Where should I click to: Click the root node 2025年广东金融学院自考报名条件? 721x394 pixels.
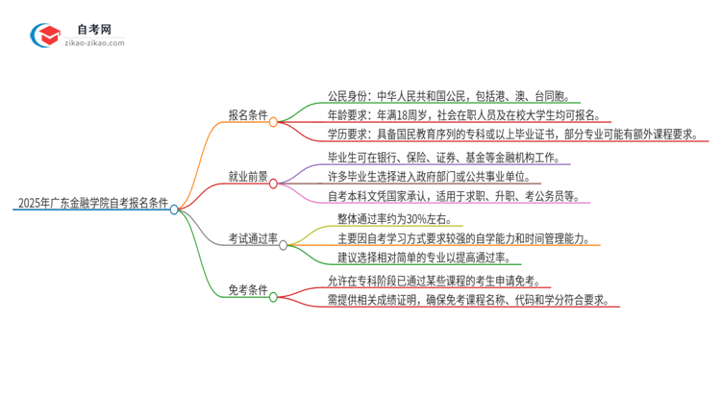point(92,204)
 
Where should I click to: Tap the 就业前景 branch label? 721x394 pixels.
point(247,177)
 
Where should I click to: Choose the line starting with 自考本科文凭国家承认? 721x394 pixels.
point(452,196)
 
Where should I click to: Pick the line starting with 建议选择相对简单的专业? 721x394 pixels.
point(428,257)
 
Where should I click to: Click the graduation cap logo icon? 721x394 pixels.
point(46,36)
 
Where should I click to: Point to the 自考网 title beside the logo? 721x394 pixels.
point(97,30)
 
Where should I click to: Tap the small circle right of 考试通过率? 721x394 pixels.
point(283,245)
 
